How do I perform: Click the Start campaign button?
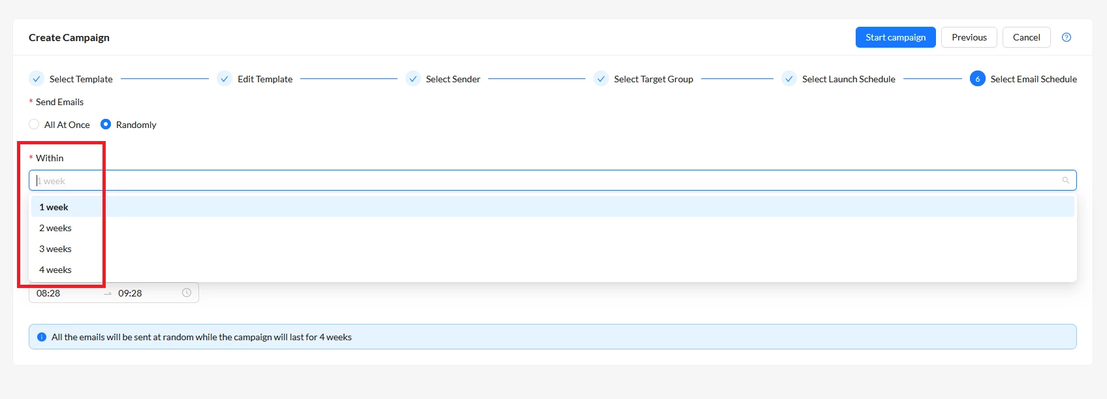coord(896,38)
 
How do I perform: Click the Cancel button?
coord(1027,38)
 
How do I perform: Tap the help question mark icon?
coord(1067,38)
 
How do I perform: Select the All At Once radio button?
coord(34,125)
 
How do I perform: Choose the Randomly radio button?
coord(106,125)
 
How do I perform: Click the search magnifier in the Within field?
coord(1065,180)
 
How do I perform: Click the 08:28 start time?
coord(48,293)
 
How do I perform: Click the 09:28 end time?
coord(130,293)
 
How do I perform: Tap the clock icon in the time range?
coord(186,293)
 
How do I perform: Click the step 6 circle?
coord(977,78)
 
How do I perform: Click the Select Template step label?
coord(81,79)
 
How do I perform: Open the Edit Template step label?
coord(265,79)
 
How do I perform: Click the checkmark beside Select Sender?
coord(413,78)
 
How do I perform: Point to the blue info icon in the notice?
coord(42,337)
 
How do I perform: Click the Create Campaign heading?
coord(69,38)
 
